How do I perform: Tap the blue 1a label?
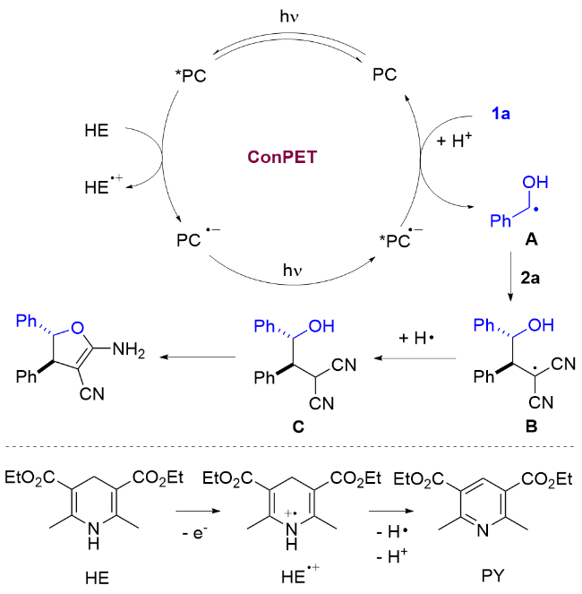click(x=501, y=114)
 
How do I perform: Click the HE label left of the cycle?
click(x=98, y=130)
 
